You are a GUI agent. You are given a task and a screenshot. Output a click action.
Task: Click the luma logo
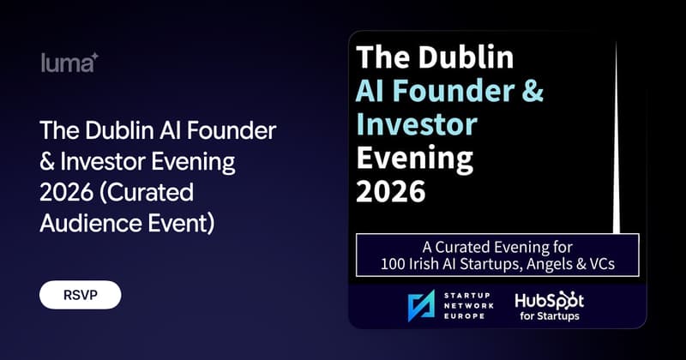pyautogui.click(x=69, y=63)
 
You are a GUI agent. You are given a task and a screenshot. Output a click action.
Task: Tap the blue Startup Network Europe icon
pyautogui.click(x=421, y=305)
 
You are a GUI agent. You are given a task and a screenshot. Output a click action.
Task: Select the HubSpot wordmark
pyautogui.click(x=550, y=302)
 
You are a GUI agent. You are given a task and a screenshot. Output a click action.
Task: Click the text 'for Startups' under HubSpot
pyautogui.click(x=550, y=315)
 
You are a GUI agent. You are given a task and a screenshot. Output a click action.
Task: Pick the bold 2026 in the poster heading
pyautogui.click(x=391, y=191)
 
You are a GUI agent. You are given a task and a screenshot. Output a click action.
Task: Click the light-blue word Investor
pyautogui.click(x=417, y=123)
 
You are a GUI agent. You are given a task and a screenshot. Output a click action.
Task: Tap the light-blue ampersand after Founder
pyautogui.click(x=533, y=91)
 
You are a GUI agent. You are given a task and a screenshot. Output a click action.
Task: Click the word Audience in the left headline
pyautogui.click(x=91, y=224)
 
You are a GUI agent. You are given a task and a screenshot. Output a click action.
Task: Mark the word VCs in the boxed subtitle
pyautogui.click(x=603, y=264)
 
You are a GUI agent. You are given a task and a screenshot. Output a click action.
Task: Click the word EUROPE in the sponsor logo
pyautogui.click(x=464, y=315)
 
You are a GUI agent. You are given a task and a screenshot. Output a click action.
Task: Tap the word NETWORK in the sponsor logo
pyautogui.click(x=468, y=305)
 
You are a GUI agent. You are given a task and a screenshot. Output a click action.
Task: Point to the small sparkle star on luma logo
pyautogui.click(x=94, y=57)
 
